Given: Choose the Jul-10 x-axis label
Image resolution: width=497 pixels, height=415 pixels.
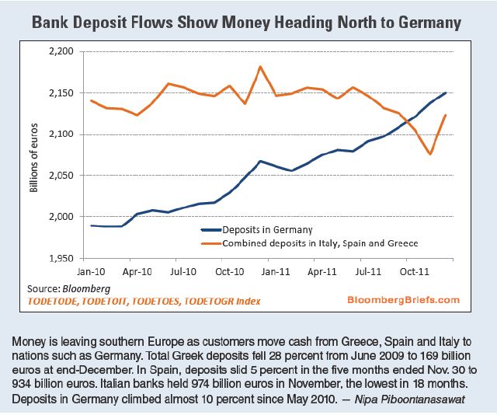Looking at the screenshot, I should tap(181, 273).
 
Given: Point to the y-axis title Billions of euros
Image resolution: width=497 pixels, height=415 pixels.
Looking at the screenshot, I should tap(35, 155).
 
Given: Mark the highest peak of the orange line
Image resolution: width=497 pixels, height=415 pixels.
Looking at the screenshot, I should tap(259, 67).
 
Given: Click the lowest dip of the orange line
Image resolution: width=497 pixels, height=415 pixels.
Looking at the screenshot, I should tap(429, 154).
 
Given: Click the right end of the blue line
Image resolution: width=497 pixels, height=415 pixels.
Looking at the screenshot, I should tap(444, 93).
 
